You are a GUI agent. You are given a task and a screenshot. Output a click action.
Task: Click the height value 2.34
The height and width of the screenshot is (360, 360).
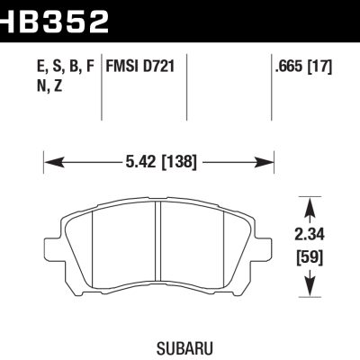311,236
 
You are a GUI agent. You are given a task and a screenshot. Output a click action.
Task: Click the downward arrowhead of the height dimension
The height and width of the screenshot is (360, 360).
311,287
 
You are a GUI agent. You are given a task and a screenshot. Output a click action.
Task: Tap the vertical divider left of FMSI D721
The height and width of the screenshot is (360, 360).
100,90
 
